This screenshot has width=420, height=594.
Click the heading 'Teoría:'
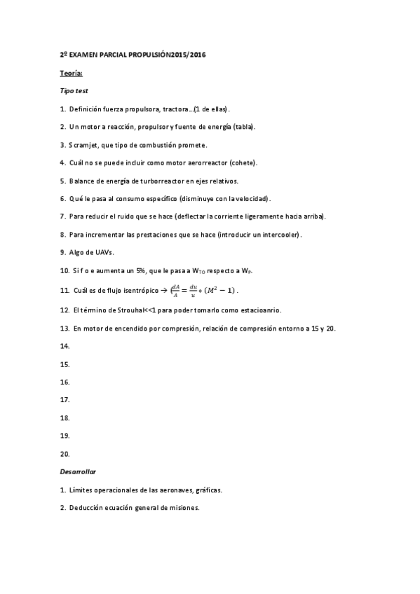click(x=72, y=73)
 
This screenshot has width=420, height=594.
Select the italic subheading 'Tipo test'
click(x=74, y=91)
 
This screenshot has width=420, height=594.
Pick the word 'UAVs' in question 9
click(x=102, y=253)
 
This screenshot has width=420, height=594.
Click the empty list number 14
click(x=65, y=346)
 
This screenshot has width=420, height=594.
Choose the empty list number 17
click(x=65, y=400)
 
